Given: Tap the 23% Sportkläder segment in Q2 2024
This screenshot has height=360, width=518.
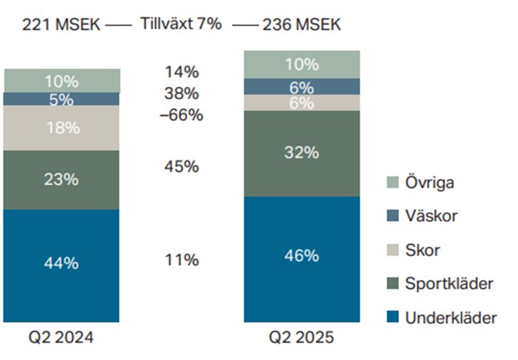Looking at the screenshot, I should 62,180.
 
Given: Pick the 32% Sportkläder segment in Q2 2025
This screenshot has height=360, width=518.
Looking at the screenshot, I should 302,153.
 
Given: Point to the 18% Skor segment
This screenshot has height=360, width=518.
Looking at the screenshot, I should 62,128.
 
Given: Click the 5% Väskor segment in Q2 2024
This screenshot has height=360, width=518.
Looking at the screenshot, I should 62,99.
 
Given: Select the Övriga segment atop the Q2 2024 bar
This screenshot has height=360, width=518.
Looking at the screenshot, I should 62,81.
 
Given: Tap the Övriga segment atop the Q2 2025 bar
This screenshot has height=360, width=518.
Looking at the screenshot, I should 302,65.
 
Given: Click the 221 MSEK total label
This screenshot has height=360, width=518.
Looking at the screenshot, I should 61,25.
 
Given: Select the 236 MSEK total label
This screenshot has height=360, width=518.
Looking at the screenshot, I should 301,25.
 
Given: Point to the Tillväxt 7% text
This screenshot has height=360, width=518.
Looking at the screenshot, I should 181,23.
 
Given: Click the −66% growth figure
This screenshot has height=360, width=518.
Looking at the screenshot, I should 181,115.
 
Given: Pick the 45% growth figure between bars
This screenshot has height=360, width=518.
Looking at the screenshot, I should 182,167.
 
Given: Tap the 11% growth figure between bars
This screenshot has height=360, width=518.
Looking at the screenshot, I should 182,260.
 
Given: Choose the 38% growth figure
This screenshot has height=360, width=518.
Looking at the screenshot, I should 182,94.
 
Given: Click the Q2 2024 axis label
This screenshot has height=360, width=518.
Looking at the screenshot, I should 61,338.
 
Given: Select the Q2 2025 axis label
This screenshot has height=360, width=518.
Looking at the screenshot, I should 302,338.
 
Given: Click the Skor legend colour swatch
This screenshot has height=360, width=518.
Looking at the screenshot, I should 392,250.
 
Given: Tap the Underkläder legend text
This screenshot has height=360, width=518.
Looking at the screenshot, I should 451,317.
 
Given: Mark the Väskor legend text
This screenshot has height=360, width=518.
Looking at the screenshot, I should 431,216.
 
